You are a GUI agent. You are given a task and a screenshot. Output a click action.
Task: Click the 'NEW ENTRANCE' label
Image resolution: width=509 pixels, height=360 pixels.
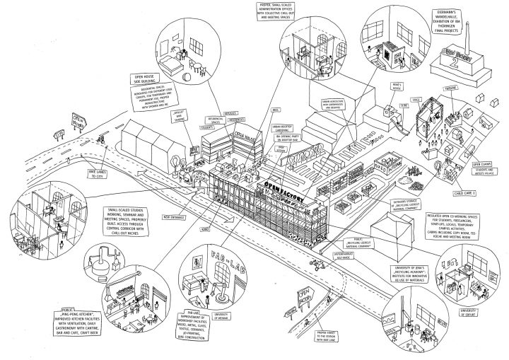coord(174,217)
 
